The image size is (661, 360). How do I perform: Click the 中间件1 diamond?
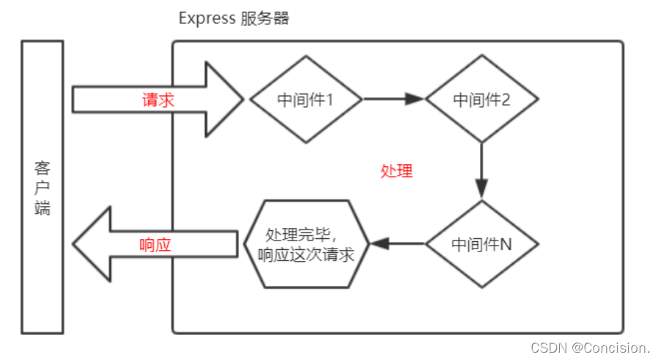click(306, 99)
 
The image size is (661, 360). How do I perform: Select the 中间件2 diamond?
click(481, 99)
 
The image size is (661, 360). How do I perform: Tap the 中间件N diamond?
click(481, 243)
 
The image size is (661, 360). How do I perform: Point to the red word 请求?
click(158, 100)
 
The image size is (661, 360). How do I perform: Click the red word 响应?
click(155, 245)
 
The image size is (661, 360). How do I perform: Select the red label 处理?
click(396, 172)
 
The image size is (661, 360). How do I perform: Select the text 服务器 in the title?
click(265, 18)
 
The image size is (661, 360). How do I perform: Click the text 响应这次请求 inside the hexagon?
click(306, 254)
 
